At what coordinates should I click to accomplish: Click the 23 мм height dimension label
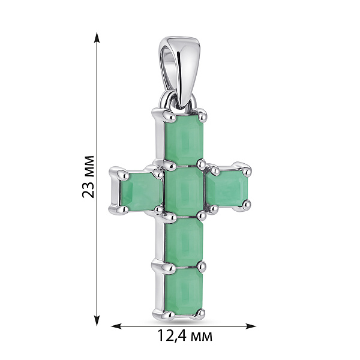[x=88, y=177]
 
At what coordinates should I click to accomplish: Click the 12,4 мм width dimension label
[x=185, y=336]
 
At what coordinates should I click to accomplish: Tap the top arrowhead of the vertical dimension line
[x=97, y=38]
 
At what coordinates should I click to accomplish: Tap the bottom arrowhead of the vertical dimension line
[x=97, y=320]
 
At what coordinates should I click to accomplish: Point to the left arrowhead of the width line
[x=116, y=326]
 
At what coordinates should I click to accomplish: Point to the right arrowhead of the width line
[x=251, y=326]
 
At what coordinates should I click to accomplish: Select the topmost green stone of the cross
[x=184, y=140]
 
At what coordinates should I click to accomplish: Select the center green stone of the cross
[x=184, y=191]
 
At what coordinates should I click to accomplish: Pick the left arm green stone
[x=141, y=190]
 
